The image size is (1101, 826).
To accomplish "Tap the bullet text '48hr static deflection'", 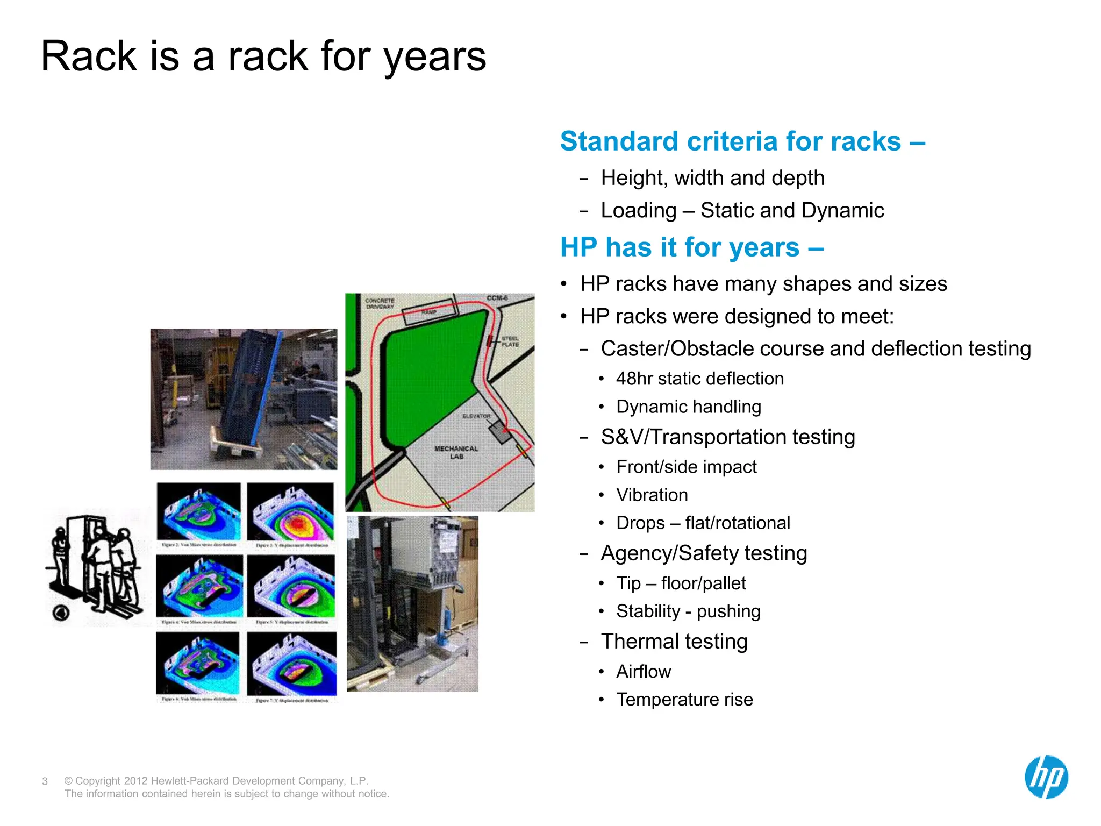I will pyautogui.click(x=699, y=379).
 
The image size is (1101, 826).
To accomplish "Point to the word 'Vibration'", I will pyautogui.click(x=652, y=495).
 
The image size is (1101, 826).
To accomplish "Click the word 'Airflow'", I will pyautogui.click(x=644, y=671).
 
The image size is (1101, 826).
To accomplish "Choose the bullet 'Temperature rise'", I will pyautogui.click(x=684, y=699).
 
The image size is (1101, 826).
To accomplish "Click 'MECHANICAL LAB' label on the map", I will pyautogui.click(x=456, y=452).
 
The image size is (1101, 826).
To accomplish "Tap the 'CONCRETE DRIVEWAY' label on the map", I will pyautogui.click(x=380, y=303).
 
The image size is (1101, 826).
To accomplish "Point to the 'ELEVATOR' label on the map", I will pyautogui.click(x=476, y=416).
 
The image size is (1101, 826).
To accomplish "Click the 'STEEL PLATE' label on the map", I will pyautogui.click(x=510, y=341).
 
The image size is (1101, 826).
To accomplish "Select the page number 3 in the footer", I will pyautogui.click(x=45, y=781).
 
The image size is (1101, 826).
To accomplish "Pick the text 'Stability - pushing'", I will pyautogui.click(x=688, y=611).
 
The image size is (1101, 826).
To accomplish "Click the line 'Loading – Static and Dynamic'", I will pyautogui.click(x=742, y=210).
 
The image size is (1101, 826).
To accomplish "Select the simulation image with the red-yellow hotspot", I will pyautogui.click(x=291, y=511).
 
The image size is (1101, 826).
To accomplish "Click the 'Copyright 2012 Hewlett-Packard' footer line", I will pyautogui.click(x=216, y=780).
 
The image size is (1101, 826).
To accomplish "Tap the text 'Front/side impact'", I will pyautogui.click(x=686, y=467).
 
